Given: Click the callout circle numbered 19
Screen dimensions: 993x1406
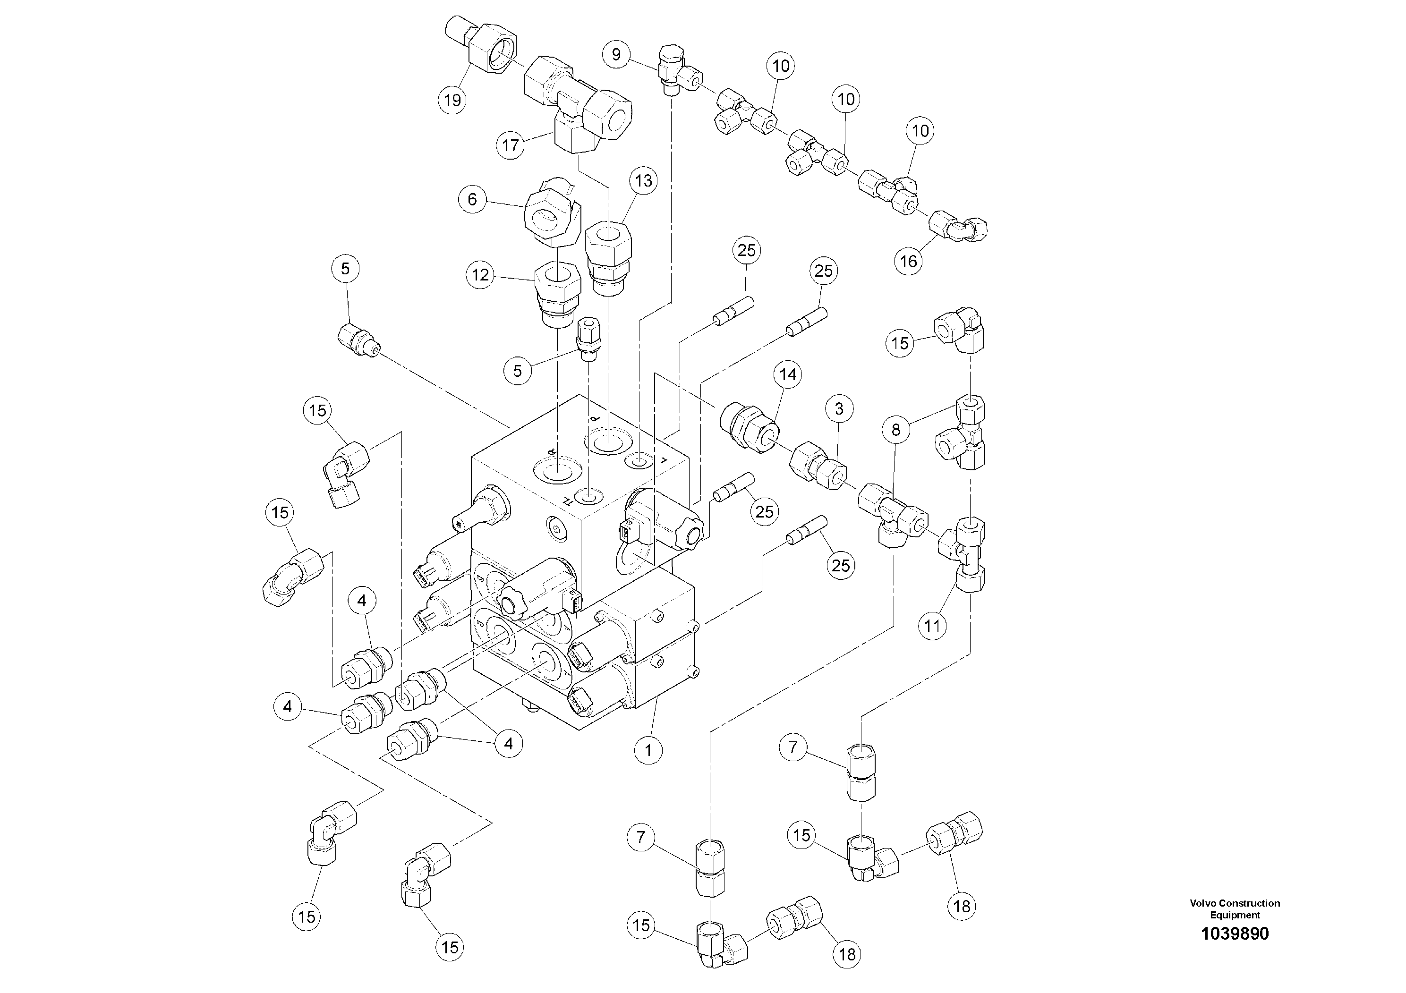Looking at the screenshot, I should [x=452, y=100].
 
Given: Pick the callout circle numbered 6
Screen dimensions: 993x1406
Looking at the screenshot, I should [x=472, y=200].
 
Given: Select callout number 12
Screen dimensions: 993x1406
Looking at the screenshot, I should [x=481, y=275].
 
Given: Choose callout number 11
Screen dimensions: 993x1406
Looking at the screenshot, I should [x=932, y=626].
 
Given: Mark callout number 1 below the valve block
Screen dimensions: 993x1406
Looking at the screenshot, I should [x=648, y=749].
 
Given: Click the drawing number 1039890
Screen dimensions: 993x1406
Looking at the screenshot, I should [x=1235, y=934].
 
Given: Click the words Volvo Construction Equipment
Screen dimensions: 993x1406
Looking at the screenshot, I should [x=1235, y=908].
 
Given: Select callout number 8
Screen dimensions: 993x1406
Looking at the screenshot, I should [x=896, y=430].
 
